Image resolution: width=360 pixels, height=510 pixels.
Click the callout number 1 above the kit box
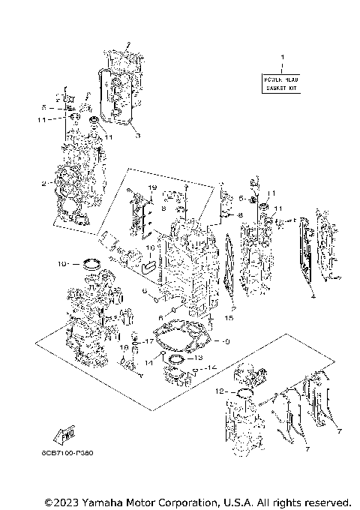point(282,58)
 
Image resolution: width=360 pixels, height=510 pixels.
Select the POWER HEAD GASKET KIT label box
point(282,83)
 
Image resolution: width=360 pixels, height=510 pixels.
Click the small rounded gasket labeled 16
point(149,264)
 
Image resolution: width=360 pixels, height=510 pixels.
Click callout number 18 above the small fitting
point(124,347)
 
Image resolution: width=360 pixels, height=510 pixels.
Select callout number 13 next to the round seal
point(189,358)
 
